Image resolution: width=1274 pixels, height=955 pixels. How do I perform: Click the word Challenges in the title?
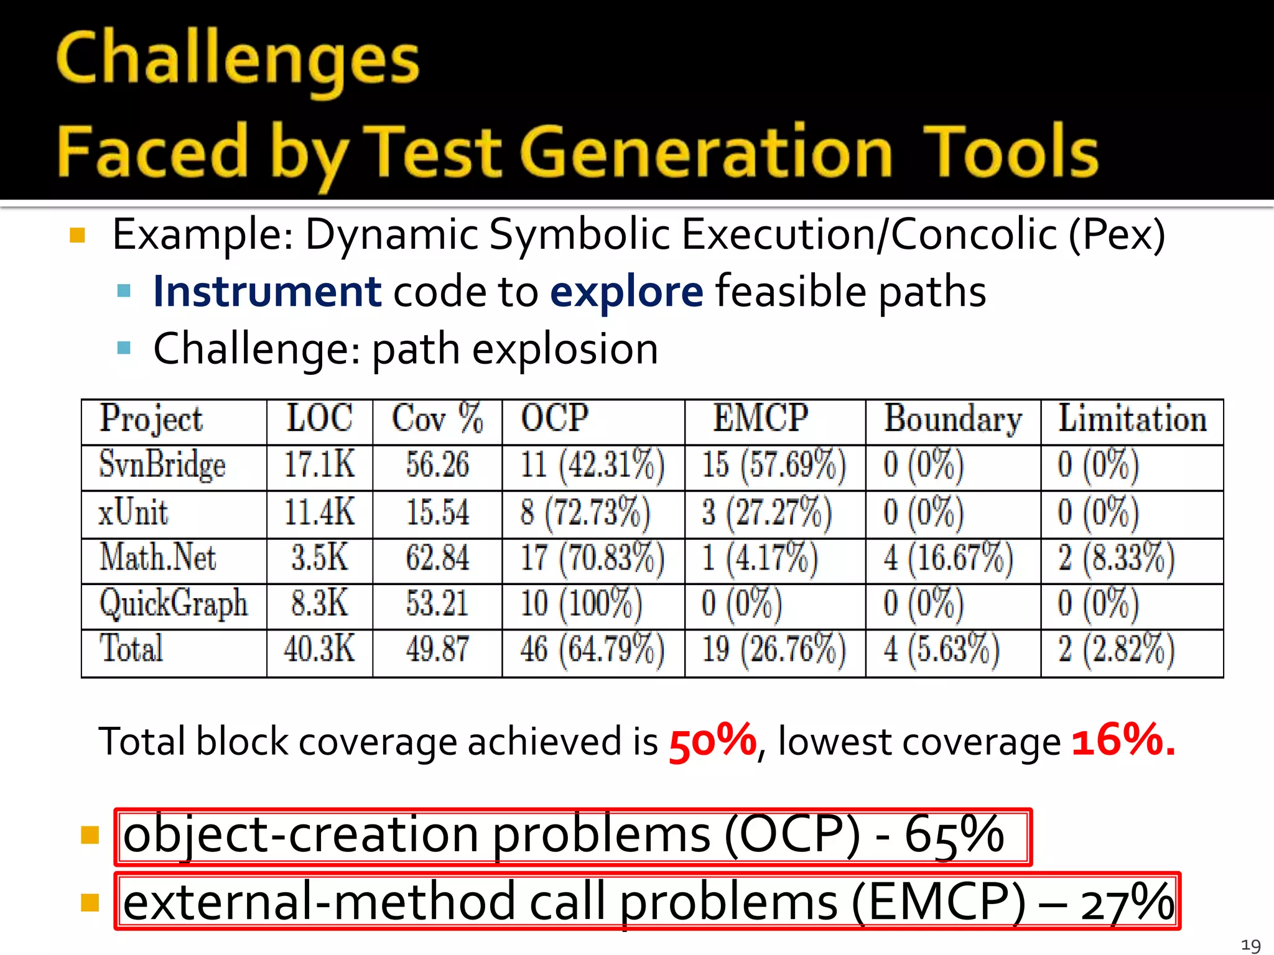(x=238, y=60)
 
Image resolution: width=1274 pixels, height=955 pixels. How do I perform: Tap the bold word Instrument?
(x=267, y=292)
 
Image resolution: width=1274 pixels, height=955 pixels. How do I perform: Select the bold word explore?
(x=626, y=292)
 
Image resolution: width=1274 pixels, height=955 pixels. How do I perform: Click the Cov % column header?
(x=437, y=419)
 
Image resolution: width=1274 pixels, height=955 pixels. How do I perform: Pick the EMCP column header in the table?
(x=760, y=419)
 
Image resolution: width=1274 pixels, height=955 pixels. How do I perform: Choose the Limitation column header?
(x=1132, y=419)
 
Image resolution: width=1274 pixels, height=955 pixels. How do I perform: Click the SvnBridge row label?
(x=162, y=466)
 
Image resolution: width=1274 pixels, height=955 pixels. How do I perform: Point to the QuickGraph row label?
(x=174, y=604)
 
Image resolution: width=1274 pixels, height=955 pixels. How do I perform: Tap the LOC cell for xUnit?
(x=319, y=513)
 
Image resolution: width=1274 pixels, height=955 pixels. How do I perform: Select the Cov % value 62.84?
(x=437, y=558)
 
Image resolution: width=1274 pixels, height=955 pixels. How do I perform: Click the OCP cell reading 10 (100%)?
(x=581, y=604)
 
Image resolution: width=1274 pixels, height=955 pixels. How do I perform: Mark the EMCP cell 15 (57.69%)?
(x=774, y=466)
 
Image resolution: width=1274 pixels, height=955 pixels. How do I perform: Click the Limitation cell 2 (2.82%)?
(x=1116, y=649)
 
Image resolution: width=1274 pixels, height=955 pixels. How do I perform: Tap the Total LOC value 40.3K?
(x=319, y=649)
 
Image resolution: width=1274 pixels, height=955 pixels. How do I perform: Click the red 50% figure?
(x=712, y=741)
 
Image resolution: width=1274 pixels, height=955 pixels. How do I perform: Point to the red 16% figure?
(x=1123, y=740)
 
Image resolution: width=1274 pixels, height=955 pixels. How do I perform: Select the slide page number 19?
(x=1250, y=946)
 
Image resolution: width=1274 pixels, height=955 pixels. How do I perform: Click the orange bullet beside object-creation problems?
(x=90, y=835)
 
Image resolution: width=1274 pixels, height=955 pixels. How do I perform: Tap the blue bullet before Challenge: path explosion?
(x=124, y=348)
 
